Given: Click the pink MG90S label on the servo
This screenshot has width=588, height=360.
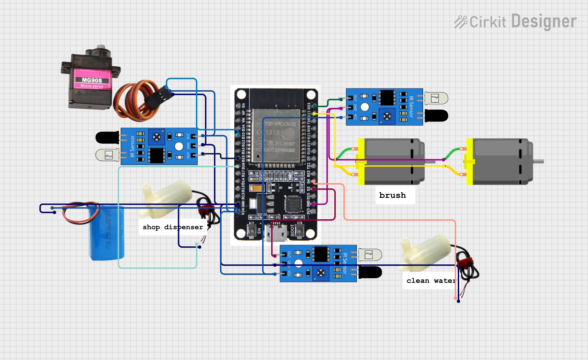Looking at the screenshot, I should tap(92, 80).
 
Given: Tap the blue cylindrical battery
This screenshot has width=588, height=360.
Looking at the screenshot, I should tap(107, 233).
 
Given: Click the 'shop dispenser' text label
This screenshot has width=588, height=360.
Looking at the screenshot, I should tap(173, 227).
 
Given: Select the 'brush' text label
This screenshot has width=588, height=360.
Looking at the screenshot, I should tap(392, 195).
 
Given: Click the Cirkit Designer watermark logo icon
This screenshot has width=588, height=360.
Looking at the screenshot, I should tap(460, 22).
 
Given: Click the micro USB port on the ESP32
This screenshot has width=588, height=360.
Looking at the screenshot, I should tap(277, 233).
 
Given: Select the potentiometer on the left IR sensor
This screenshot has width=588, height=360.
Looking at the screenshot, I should tap(156, 137).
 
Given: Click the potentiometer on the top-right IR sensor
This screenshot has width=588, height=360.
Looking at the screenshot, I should tap(387, 116).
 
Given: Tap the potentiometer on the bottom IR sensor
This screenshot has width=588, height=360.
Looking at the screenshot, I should tap(321, 273).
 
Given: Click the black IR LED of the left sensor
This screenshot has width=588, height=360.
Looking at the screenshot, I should tap(107, 138).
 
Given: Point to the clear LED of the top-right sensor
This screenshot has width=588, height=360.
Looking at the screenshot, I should tap(436, 98).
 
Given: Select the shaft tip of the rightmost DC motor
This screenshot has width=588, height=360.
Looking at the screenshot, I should tap(541, 161).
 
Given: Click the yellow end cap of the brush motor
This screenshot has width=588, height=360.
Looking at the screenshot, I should tap(361, 161).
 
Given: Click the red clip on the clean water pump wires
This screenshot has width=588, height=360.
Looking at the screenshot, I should tap(465, 263).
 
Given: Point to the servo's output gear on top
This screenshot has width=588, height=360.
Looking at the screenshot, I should tap(101, 47).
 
